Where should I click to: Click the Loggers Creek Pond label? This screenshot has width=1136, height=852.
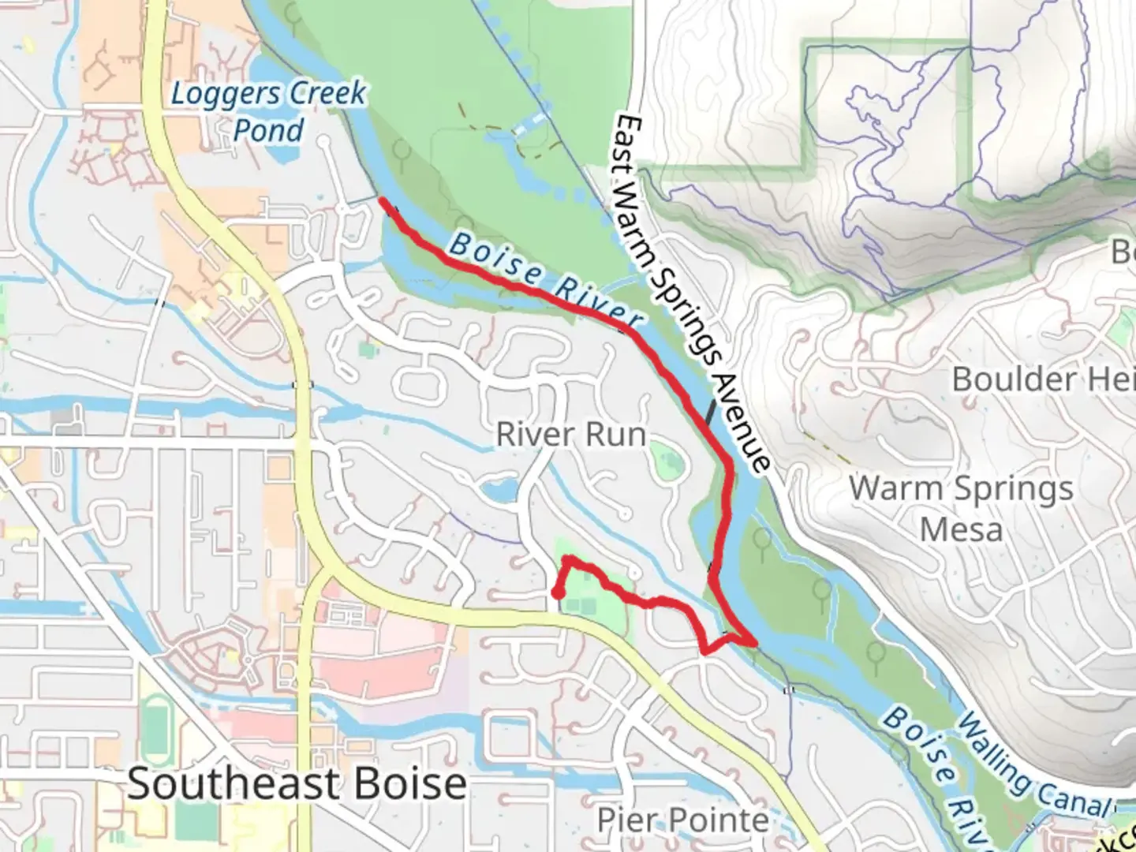(268, 111)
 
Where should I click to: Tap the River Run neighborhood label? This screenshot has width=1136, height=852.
(570, 434)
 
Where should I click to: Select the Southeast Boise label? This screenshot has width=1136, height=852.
(297, 783)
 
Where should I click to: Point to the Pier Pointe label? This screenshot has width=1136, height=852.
(683, 820)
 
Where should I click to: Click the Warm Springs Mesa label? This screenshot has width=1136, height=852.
(961, 508)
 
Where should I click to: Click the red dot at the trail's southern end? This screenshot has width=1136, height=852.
(556, 593)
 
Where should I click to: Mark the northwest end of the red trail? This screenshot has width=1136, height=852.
(383, 200)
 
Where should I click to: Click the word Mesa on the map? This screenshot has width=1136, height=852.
(961, 529)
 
